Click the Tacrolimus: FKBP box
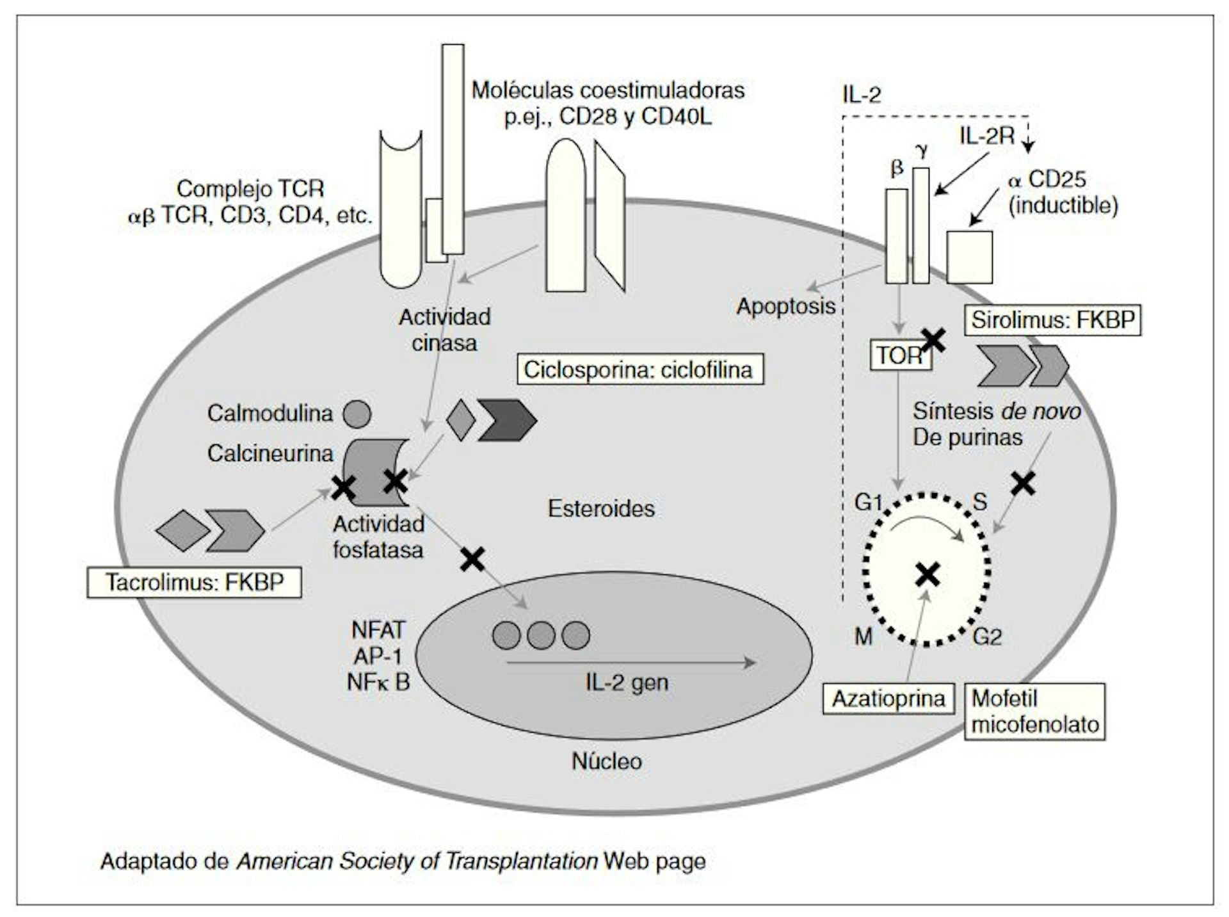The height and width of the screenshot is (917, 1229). (194, 582)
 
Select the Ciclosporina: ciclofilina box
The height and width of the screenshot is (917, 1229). (639, 369)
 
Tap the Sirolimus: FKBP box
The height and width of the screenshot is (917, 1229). (1052, 320)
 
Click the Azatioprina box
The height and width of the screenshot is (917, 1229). (888, 699)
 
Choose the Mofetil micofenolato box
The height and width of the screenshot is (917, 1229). (1034, 711)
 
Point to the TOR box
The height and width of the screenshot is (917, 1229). (899, 355)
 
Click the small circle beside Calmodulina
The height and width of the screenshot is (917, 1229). (357, 414)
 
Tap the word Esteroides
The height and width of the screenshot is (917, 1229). (601, 508)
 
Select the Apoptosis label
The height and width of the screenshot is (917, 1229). (785, 306)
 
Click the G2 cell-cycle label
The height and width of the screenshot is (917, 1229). (987, 637)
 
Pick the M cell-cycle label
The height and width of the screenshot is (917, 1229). (864, 637)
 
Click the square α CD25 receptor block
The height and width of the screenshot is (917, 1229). (969, 257)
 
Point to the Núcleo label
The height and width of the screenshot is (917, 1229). (606, 761)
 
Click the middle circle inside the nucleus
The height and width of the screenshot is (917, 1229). (541, 635)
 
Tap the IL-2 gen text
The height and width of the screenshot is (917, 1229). (626, 683)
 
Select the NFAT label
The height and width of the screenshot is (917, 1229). (378, 630)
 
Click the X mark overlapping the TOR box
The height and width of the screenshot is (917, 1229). (934, 340)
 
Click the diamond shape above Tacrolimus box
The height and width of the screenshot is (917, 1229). (182, 530)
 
